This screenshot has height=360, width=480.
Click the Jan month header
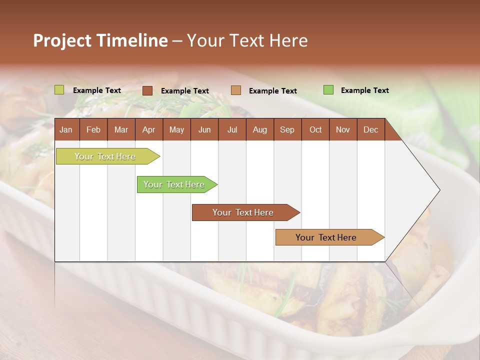66,129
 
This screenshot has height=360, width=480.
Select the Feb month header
93,129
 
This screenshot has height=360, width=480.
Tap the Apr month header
148,129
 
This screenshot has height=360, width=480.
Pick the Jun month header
204,129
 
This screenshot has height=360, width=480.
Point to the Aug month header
259,129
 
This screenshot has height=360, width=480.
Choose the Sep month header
287,129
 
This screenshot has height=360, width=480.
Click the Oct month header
315,129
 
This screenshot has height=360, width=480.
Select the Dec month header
370,129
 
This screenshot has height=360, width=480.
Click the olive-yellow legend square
59,90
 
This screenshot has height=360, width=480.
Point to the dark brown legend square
147,90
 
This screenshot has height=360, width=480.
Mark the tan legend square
236,90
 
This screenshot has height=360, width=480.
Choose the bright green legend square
328,90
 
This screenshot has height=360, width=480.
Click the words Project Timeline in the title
100,40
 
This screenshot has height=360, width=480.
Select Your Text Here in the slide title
247,40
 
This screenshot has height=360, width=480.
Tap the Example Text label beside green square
364,90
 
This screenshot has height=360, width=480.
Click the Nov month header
343,129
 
